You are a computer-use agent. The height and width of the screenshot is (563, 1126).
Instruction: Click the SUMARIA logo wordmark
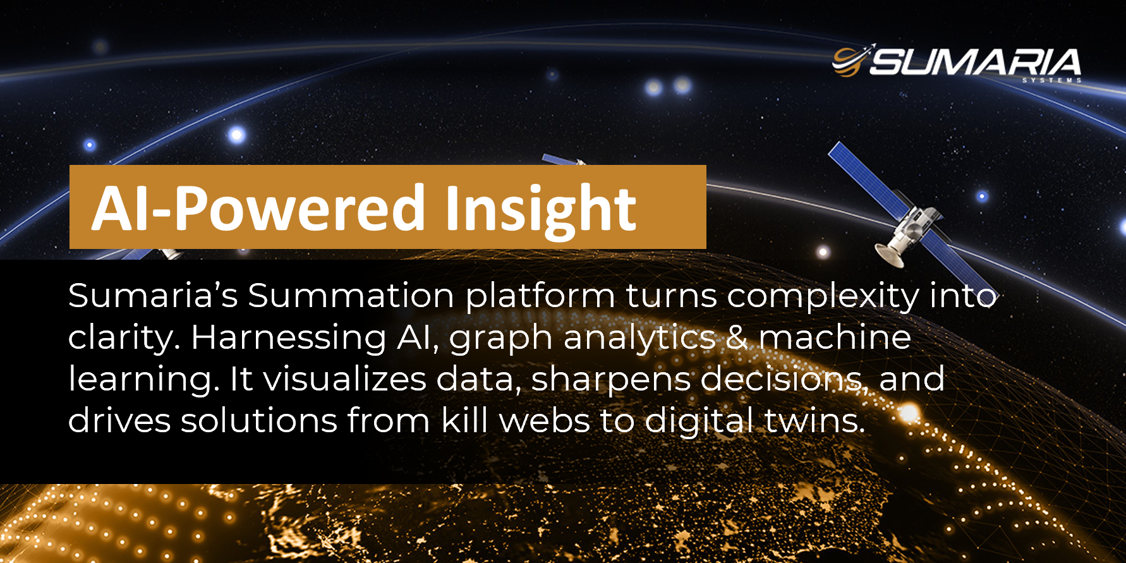975,62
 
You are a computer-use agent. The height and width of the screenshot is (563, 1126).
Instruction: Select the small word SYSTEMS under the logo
1051,80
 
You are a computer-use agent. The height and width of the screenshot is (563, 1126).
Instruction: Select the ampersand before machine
737,337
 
